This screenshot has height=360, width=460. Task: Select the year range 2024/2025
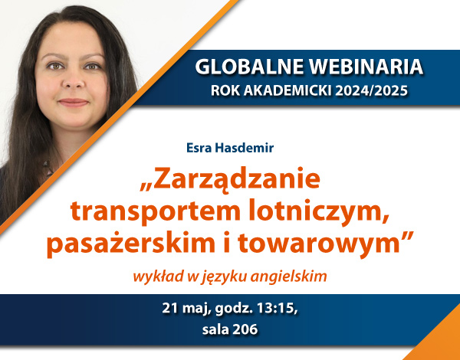click(372, 91)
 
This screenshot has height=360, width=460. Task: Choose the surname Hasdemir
click(244, 148)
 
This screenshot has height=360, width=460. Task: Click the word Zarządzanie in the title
click(230, 179)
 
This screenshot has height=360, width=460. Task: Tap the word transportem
click(155, 211)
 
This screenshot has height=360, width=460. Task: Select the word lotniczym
click(319, 211)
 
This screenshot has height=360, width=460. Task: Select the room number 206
click(245, 329)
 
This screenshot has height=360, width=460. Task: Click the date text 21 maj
click(186, 309)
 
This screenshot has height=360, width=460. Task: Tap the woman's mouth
click(74, 103)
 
